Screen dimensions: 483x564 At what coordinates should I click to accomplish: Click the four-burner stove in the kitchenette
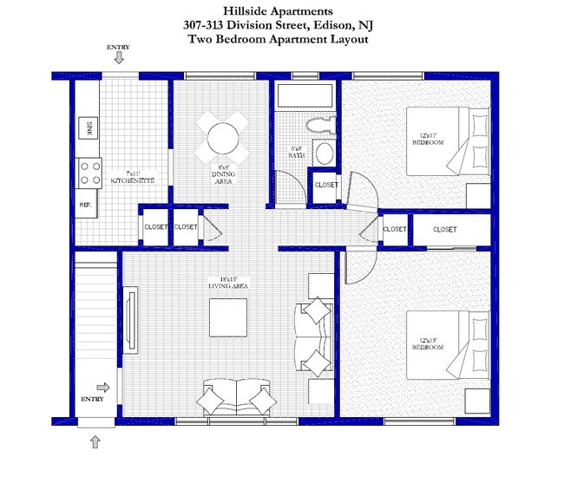89,173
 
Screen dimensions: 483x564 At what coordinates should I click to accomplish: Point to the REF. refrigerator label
86,206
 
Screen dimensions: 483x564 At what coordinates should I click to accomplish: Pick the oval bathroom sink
324,154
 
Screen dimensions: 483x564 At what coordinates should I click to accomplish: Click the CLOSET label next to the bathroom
326,185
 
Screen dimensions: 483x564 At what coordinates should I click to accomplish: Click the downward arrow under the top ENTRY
119,58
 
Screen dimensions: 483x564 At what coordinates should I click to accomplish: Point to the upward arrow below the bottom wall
95,442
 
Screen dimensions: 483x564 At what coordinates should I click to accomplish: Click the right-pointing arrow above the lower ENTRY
102,388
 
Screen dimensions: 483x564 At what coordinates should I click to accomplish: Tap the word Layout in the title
350,39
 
